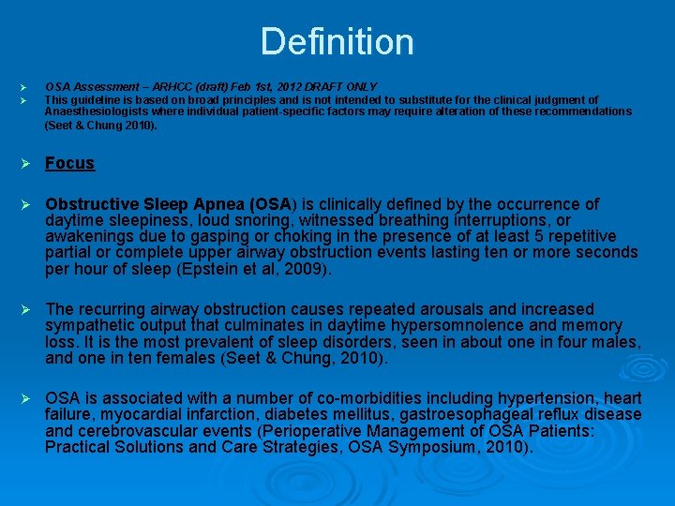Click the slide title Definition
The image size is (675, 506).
pyautogui.click(x=337, y=42)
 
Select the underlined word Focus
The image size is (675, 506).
pyautogui.click(x=70, y=163)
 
